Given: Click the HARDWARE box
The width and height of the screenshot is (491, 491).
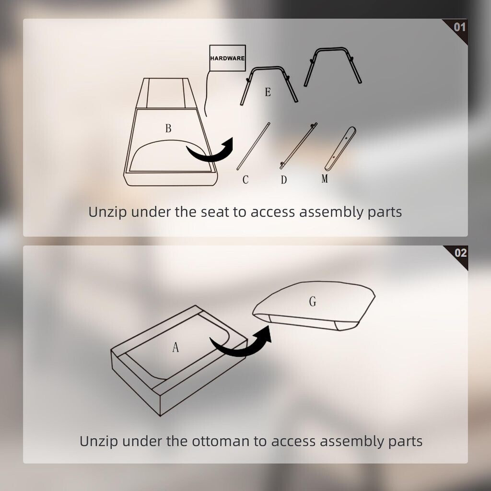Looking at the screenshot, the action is point(227,58).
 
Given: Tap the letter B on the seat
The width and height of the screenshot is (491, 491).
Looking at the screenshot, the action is point(168,129).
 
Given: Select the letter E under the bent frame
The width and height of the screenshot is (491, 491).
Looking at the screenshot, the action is point(268,92).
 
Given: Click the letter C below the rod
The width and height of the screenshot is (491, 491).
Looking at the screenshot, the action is point(245,180).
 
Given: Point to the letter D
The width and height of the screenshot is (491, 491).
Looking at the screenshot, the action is point(284,180).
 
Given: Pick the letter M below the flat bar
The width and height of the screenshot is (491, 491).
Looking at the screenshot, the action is point(325,178).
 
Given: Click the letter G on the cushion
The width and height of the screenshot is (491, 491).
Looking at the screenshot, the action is point(313,302).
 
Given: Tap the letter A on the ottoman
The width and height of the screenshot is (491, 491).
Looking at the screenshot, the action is point(175,347).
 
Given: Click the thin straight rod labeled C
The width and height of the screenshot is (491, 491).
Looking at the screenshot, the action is point(253,146).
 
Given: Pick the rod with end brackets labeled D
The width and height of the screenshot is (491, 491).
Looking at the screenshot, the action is point(298,146).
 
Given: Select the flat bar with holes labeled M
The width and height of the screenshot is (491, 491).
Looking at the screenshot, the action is point(340,149).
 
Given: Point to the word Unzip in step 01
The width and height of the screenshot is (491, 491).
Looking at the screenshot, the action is point(107,212).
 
